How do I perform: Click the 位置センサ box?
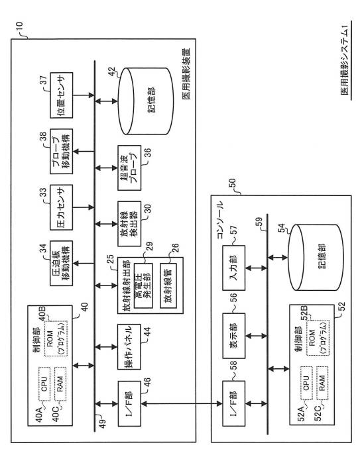pos(62,95)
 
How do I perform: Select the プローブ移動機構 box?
pos(62,152)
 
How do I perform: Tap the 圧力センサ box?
pos(62,207)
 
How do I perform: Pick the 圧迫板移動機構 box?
pos(62,264)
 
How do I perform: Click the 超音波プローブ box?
pos(129,168)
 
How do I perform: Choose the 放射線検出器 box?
pos(129,224)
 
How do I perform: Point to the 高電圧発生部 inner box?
pos(143,285)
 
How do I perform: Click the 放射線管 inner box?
pos(168,285)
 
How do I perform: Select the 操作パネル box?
pos(129,347)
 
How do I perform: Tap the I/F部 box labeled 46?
pos(129,403)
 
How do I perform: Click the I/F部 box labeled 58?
pos(234,403)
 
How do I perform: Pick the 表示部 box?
pos(234,336)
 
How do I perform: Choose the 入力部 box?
pos(234,268)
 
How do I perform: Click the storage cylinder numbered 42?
pos(146,101)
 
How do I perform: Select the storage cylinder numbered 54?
pos(316,258)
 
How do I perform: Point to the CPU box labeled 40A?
pos(44,384)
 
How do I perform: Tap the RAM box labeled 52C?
pos(322,383)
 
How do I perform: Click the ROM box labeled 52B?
pos(318,338)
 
